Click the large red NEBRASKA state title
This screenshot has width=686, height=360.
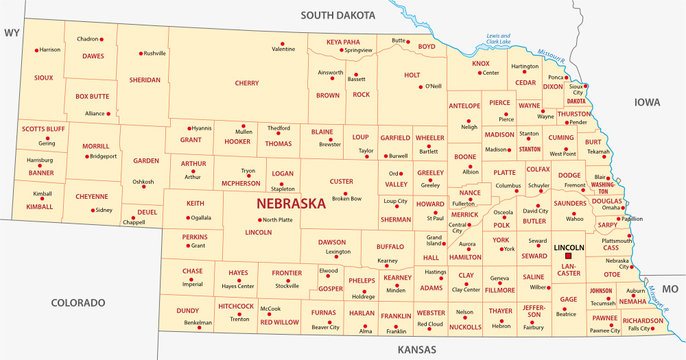coord(291,203)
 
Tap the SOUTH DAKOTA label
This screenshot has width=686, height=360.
coord(340,15)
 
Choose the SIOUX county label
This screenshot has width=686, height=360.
coord(43,76)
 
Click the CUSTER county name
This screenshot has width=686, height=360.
coord(341,181)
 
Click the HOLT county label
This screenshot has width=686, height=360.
coord(412,75)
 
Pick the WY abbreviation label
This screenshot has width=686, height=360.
coord(12,33)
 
